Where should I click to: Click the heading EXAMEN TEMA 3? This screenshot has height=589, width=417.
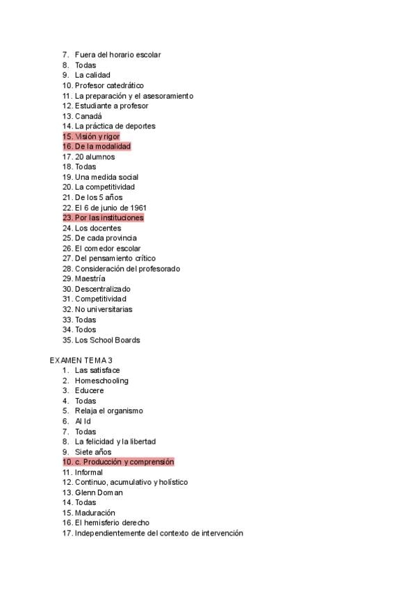81,360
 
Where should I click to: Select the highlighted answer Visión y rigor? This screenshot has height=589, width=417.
97,137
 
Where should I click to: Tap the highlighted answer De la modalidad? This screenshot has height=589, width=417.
102,147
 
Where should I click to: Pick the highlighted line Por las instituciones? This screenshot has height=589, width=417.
108,218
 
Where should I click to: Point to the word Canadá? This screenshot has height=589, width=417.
88,116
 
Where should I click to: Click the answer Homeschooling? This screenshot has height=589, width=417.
101,381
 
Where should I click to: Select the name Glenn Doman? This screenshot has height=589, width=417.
99,492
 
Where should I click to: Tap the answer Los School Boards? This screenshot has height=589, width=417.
107,340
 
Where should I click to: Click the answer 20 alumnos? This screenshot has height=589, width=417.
95,157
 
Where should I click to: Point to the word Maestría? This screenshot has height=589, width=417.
90,279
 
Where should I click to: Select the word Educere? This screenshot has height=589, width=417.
90,390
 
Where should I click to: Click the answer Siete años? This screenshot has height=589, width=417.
93,452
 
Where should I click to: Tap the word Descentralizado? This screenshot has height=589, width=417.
102,289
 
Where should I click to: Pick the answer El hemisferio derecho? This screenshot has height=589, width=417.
112,523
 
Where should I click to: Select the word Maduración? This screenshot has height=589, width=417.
95,513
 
